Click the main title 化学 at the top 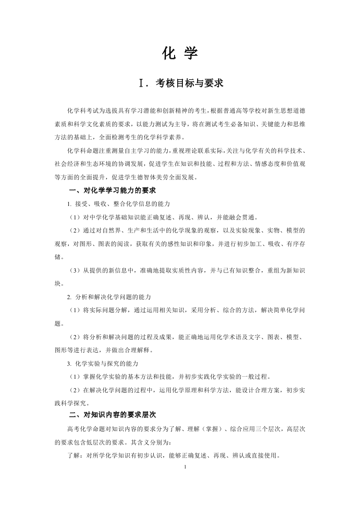click(x=180, y=54)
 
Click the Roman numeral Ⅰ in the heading click(x=141, y=83)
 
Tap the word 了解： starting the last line click(x=77, y=455)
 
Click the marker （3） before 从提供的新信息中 click(x=75, y=270)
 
